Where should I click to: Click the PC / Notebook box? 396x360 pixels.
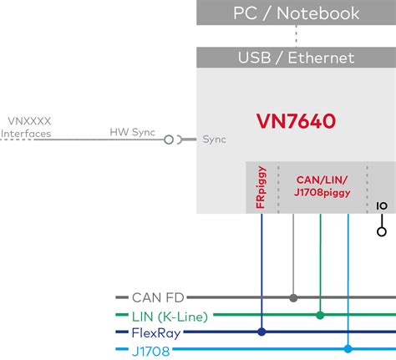pos(296,13)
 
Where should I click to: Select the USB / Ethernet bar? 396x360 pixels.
pos(296,58)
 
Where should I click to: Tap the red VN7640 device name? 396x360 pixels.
pos(296,121)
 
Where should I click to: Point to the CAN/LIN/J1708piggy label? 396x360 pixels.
pos(322,186)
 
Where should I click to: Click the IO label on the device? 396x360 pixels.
pos(382,205)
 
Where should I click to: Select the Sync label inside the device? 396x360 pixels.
pos(215,139)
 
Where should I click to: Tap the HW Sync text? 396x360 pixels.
pos(133,132)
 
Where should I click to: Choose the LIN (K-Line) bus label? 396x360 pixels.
pos(170,315)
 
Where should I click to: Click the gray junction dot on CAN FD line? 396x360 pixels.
pos(292,297)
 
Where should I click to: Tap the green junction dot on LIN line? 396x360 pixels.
pos(320,315)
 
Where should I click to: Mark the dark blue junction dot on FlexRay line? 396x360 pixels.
pos(261,332)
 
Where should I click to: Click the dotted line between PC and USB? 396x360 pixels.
pos(296,35)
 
